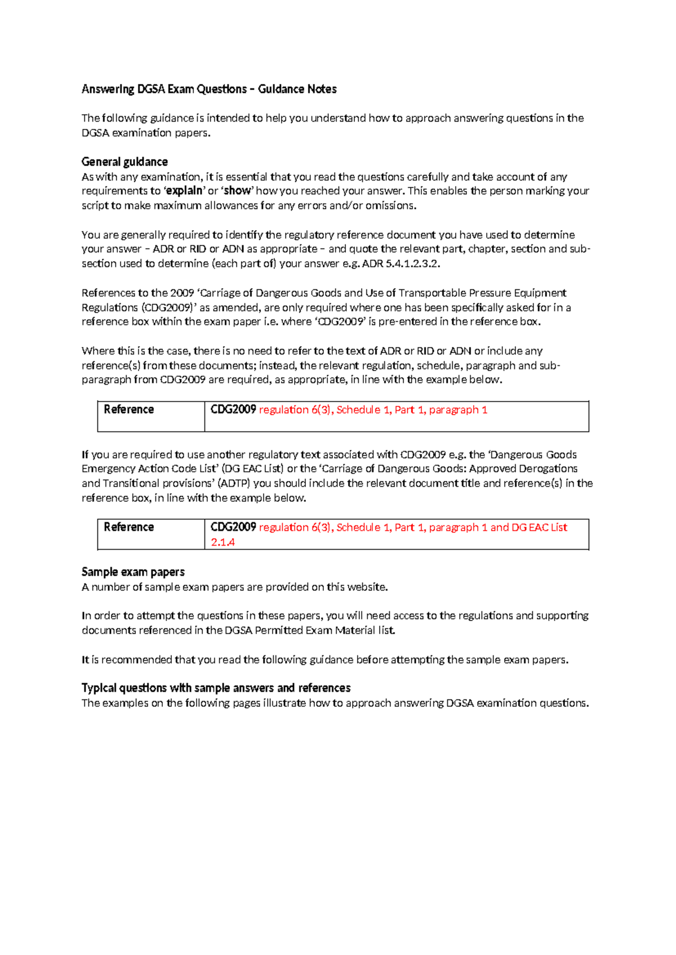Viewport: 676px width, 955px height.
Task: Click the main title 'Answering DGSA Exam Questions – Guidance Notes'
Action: pos(209,89)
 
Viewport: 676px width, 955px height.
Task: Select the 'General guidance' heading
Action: pos(124,162)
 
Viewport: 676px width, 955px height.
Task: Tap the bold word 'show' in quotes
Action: pos(237,191)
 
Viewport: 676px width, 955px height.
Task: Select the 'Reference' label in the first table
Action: pos(128,409)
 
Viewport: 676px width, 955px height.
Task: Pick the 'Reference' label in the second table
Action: pos(128,527)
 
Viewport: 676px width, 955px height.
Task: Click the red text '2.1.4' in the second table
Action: pos(223,542)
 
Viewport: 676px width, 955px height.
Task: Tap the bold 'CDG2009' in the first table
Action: pos(233,410)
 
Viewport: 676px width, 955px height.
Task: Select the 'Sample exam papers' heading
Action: pos(133,572)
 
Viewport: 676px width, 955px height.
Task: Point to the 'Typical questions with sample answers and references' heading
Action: pos(216,688)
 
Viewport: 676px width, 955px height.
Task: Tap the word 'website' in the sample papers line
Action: pos(367,587)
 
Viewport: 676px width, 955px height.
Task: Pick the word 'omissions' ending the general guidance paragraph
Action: pos(390,206)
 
